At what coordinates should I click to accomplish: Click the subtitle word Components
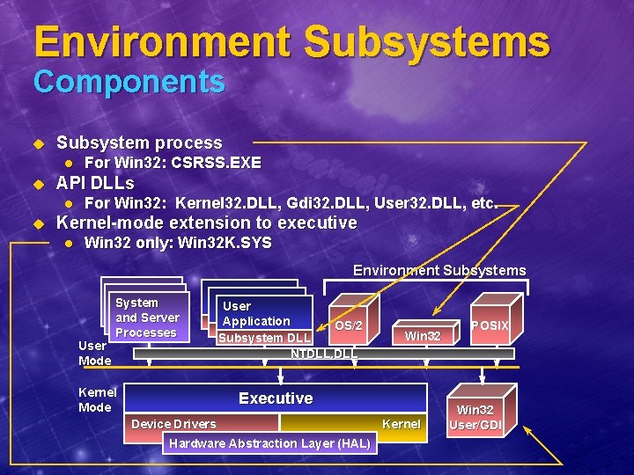[129, 83]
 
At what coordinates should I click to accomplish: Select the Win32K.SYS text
[225, 243]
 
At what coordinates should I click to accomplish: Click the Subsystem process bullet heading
[139, 142]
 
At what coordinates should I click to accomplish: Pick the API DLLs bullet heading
[95, 184]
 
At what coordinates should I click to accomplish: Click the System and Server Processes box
[147, 318]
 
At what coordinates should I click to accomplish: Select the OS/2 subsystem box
[349, 325]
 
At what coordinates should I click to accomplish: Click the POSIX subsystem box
[490, 325]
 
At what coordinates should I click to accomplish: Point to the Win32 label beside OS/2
[423, 336]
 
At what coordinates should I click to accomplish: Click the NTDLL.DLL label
[323, 354]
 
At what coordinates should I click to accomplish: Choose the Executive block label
[276, 398]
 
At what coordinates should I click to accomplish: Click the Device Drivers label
[173, 424]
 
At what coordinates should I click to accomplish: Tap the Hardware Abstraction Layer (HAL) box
[270, 443]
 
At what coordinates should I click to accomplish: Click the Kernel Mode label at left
[95, 399]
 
